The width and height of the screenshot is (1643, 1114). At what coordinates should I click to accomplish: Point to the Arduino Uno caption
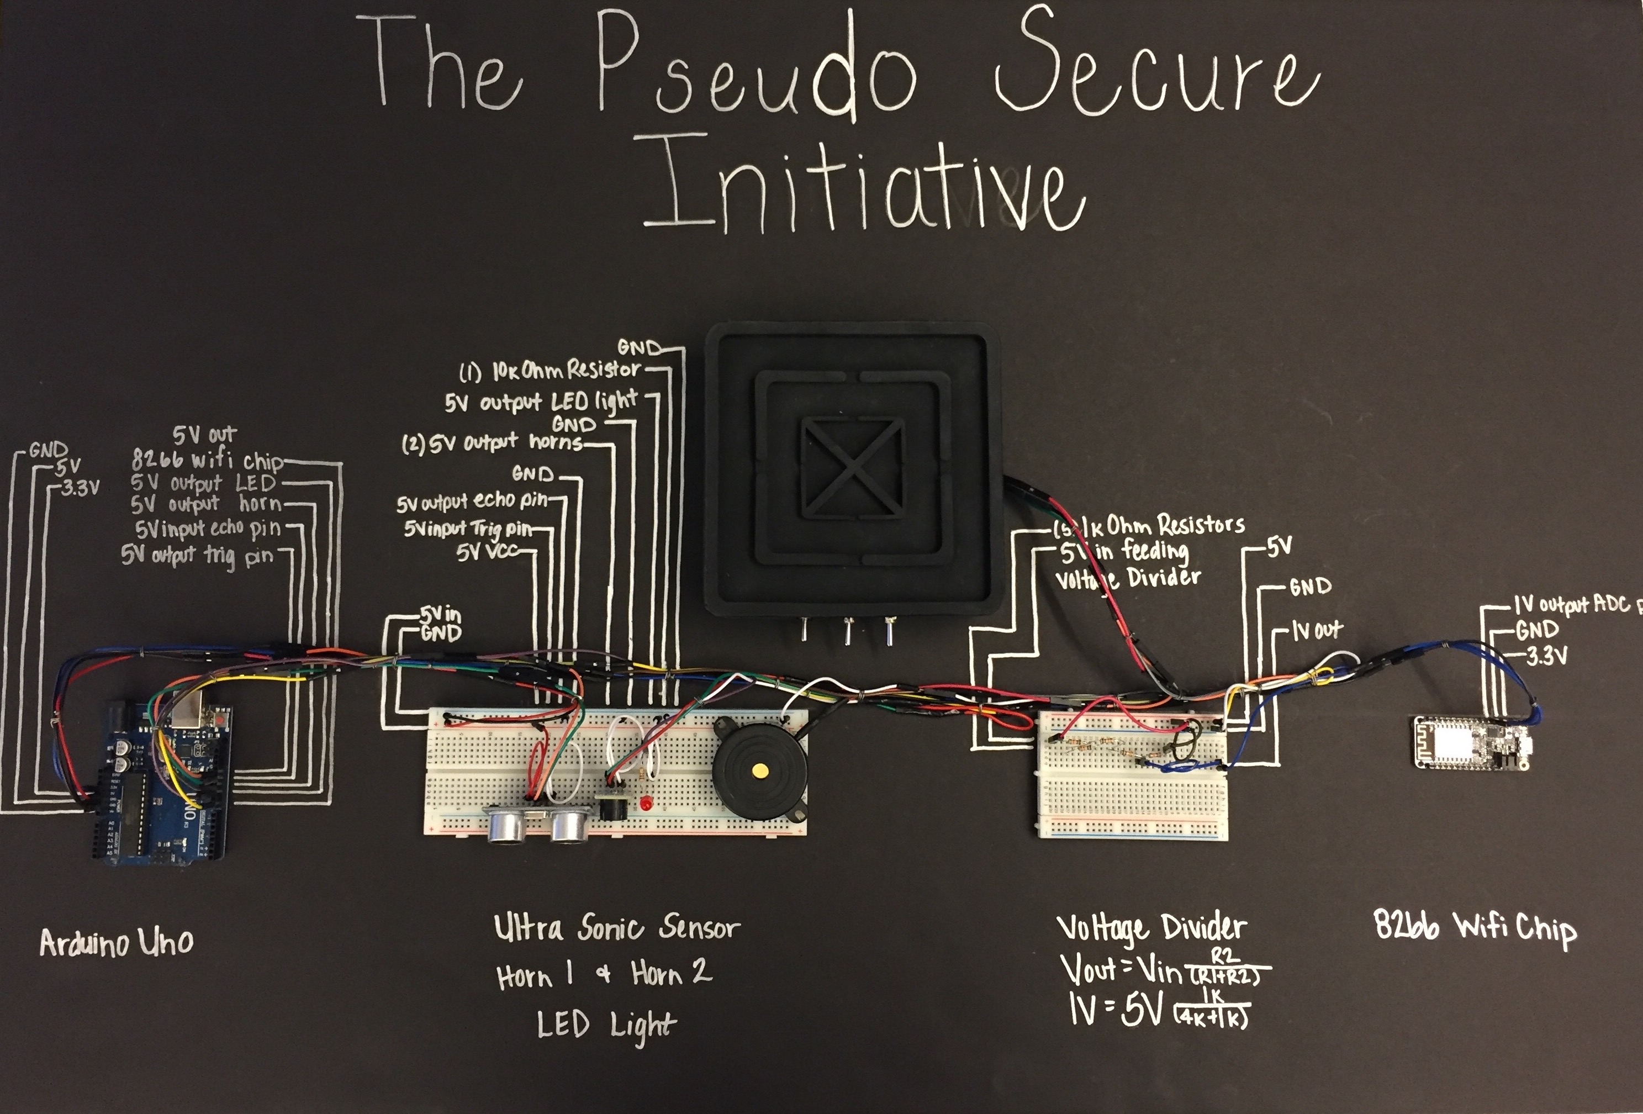tap(116, 942)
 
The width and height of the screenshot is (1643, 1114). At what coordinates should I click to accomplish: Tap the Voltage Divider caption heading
tap(1151, 928)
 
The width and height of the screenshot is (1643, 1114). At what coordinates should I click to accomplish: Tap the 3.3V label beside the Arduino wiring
tap(80, 488)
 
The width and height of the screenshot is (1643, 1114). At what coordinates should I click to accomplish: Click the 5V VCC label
tap(488, 551)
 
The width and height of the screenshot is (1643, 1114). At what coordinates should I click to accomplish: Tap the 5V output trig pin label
tap(197, 555)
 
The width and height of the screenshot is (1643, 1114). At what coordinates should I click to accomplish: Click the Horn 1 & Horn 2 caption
tap(605, 975)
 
